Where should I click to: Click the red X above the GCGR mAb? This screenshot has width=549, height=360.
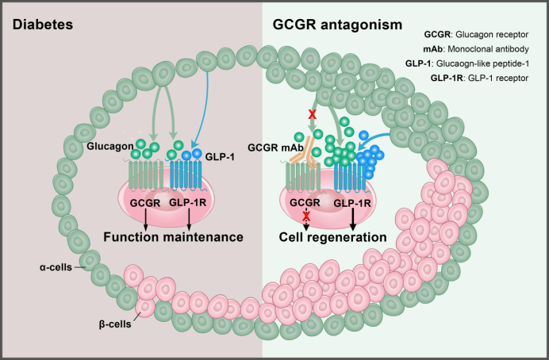click(312, 116)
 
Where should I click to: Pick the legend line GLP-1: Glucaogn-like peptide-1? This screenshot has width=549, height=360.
click(478, 63)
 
